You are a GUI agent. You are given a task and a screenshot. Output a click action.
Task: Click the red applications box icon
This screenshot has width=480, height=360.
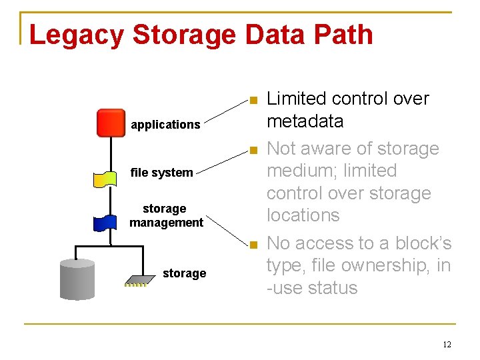tap(110, 123)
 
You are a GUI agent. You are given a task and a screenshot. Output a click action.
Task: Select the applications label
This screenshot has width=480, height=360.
tap(165, 125)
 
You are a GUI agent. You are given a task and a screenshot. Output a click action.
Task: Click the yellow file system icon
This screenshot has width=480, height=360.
tap(106, 178)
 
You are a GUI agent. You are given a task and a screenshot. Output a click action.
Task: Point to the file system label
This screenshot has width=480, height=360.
tap(161, 173)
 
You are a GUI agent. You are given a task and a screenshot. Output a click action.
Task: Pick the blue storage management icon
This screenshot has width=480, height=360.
tap(106, 221)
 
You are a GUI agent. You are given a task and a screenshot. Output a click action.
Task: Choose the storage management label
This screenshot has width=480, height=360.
tap(166, 216)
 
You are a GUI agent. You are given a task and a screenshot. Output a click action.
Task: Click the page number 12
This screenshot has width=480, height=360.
tap(447, 345)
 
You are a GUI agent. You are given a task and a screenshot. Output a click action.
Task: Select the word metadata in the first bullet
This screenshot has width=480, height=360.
tap(305, 121)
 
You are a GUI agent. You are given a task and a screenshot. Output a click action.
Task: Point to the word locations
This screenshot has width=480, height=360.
tap(303, 215)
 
